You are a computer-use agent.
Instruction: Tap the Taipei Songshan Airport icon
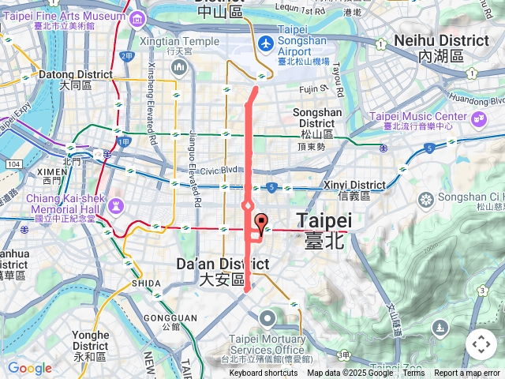pyautogui.click(x=266, y=42)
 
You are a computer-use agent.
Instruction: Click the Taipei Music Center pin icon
pyautogui.click(x=478, y=119)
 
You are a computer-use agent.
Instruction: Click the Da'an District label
pyautogui.click(x=223, y=271)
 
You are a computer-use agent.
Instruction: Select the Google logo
pyautogui.click(x=29, y=368)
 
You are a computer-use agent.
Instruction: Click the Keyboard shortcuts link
pyautogui.click(x=264, y=373)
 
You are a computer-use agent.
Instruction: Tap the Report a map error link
pyautogui.click(x=468, y=373)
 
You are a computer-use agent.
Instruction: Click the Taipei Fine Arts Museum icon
pyautogui.click(x=138, y=18)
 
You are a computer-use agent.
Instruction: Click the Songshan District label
pyautogui.click(x=316, y=118)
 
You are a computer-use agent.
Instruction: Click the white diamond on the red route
pyautogui.click(x=247, y=206)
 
